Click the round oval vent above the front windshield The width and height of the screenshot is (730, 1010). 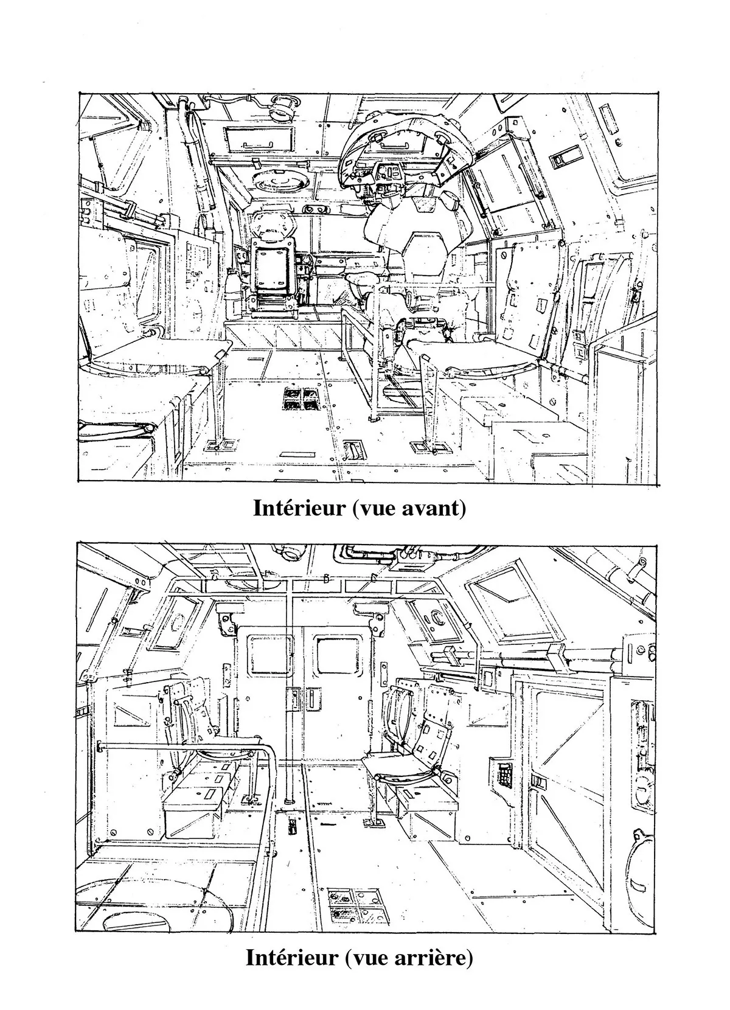coord(280,181)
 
